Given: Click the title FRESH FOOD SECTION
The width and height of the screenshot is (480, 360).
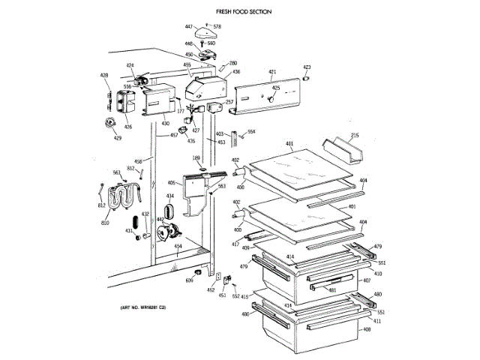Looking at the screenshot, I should pyautogui.click(x=243, y=12).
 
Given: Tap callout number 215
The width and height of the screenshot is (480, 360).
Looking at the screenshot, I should pyautogui.click(x=355, y=135).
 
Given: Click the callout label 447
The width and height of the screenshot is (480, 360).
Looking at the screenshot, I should pyautogui.click(x=189, y=27).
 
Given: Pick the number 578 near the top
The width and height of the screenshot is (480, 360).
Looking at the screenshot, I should pyautogui.click(x=217, y=27).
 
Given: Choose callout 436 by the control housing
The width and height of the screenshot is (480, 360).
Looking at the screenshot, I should pyautogui.click(x=235, y=72).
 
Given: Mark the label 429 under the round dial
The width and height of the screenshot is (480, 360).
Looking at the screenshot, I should pyautogui.click(x=117, y=138).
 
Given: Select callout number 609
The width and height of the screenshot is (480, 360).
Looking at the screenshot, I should pyautogui.click(x=189, y=280).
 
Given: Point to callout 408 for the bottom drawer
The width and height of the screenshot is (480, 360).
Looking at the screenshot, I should pyautogui.click(x=367, y=330).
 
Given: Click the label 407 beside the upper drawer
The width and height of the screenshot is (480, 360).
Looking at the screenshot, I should pyautogui.click(x=367, y=281).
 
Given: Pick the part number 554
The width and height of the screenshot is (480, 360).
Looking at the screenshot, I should pyautogui.click(x=251, y=132).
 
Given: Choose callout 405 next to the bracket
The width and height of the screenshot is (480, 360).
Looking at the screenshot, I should pyautogui.click(x=171, y=183).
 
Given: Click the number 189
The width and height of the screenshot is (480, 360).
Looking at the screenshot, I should pyautogui.click(x=196, y=157).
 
